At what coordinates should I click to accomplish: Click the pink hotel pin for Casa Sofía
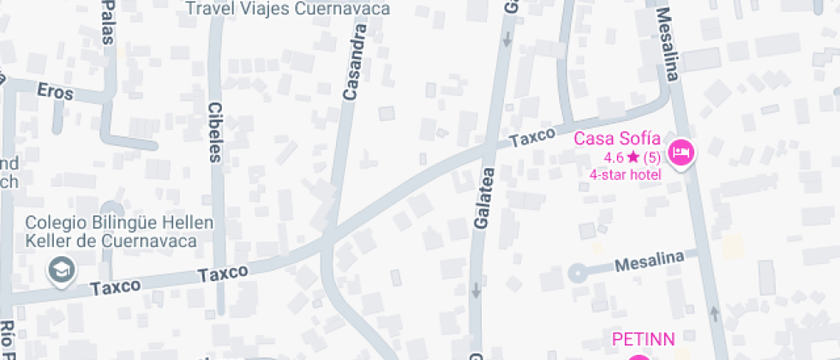682,153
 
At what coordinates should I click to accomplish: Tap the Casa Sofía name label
617,138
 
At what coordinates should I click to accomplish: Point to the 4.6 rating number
614,157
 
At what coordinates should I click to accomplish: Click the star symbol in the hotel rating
633,157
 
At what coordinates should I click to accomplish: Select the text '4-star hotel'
625,175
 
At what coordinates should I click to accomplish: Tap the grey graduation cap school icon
62,269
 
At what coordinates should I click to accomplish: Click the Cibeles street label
214,132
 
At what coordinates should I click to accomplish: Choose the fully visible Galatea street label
482,197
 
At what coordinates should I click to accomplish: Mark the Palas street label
108,17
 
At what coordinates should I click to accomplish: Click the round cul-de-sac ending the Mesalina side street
577,273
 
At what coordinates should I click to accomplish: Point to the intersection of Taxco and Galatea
489,150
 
